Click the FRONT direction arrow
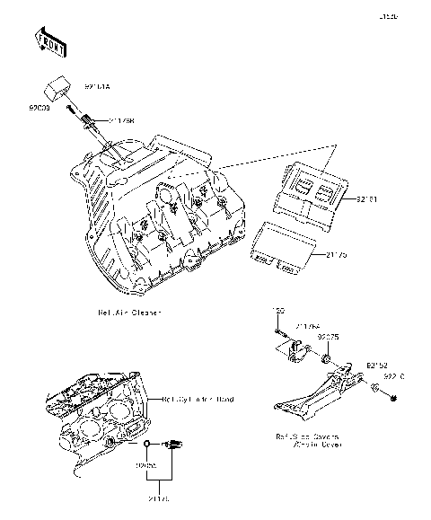coord(51,40)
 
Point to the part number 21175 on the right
coord(332,255)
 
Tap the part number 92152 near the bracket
coord(376,366)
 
